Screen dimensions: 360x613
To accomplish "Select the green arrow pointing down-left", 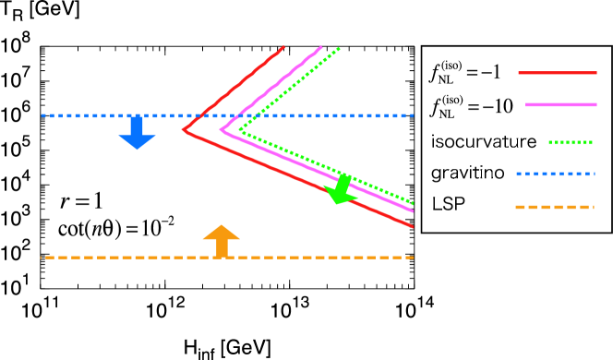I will tap(340, 190).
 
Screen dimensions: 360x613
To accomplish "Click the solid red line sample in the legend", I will tap(557, 72).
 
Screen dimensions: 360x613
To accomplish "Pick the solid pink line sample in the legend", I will tap(560, 104).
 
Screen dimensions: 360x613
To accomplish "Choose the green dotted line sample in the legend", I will tap(570, 142).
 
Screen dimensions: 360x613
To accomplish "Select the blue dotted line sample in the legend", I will tap(555, 174).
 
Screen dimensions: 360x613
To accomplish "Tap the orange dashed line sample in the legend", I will tap(554, 207).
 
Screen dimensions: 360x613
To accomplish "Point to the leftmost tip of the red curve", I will tap(183, 130).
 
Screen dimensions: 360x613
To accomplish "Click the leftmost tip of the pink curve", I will tap(221, 130).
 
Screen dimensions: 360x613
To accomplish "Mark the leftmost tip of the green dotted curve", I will tap(239, 130).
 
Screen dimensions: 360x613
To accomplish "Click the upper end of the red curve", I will tap(283, 47).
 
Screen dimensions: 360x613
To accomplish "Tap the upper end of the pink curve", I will tap(321, 47).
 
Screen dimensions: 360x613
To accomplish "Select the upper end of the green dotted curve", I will tap(340, 48).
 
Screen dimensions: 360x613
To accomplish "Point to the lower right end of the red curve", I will tap(413, 225).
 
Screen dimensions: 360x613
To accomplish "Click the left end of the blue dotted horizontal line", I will tap(42, 115).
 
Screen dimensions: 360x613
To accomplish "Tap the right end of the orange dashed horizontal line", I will tap(413, 258).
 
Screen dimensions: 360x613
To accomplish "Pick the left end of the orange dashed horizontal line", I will tap(42, 258).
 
